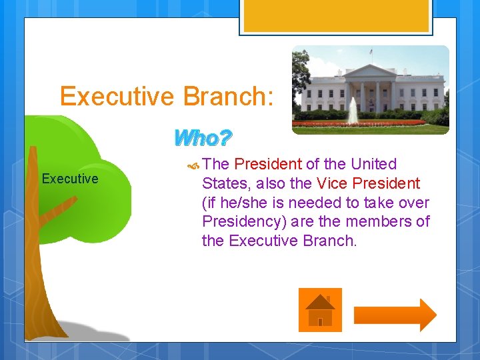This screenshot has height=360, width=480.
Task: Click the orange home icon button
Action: [x=320, y=309]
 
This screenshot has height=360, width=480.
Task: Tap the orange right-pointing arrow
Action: [x=395, y=315]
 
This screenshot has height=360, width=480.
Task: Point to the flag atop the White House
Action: [x=371, y=51]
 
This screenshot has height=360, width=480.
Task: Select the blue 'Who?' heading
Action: [x=202, y=139]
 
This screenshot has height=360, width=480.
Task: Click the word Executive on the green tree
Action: [x=70, y=179]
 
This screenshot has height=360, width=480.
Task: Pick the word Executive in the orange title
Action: [x=117, y=97]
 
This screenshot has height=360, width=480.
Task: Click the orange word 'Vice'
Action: [x=333, y=183]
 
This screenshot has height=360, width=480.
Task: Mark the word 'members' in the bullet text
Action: [x=382, y=221]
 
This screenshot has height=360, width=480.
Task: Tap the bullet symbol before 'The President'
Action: [x=193, y=165]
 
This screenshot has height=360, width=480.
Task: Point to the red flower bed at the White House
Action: [x=360, y=123]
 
